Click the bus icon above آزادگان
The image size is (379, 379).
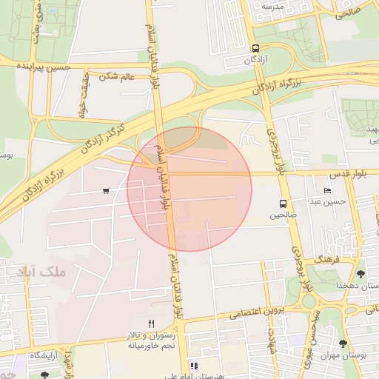point(255,44)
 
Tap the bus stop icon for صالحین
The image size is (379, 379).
point(283,204)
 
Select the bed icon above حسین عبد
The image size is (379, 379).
point(328,190)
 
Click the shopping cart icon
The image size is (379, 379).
point(107,191)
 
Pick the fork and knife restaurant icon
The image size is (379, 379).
point(151,323)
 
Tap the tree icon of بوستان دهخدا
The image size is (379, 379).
point(360,275)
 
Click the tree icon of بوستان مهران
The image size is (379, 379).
point(343,343)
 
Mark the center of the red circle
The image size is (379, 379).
point(189,189)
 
